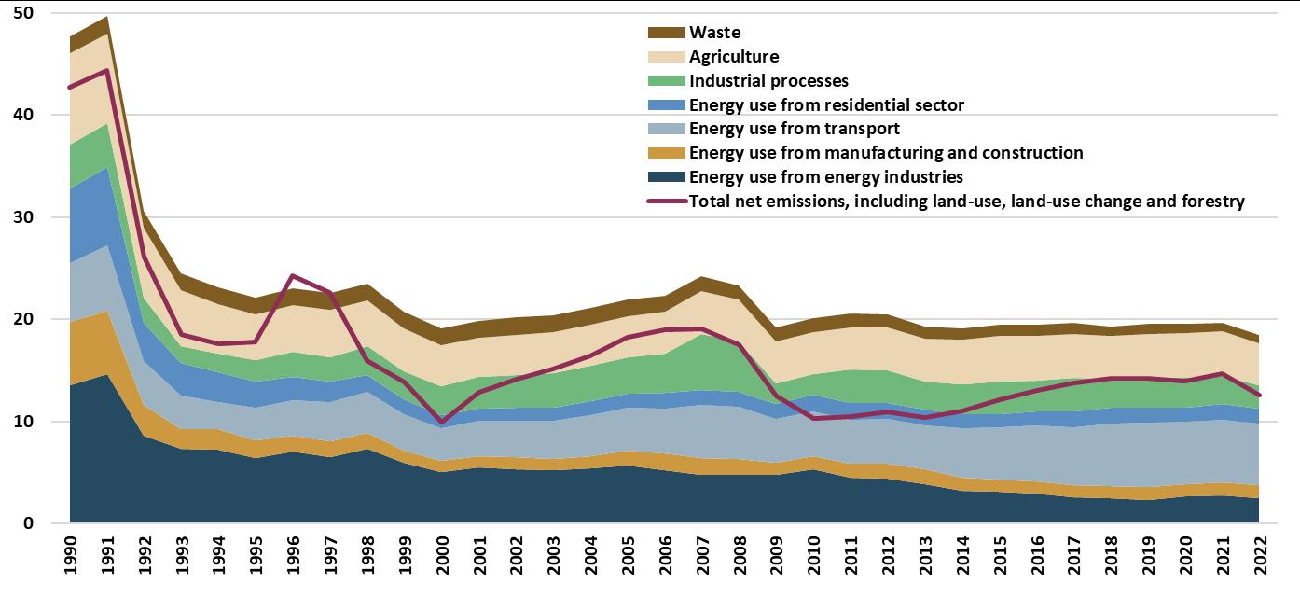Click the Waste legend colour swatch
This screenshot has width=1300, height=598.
point(665,33)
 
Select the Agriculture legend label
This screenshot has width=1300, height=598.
point(733,57)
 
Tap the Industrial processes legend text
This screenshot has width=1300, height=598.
point(768,81)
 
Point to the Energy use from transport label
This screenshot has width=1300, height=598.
point(794,129)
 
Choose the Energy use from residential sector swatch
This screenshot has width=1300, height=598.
point(665,104)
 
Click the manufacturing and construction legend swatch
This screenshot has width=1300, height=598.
point(665,153)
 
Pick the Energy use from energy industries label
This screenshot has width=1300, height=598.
point(825,177)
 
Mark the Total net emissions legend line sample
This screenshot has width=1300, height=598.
point(665,201)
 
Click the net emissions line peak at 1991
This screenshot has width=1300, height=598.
point(107,70)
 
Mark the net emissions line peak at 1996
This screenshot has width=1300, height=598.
point(294,276)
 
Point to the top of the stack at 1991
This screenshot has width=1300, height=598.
point(107,18)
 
